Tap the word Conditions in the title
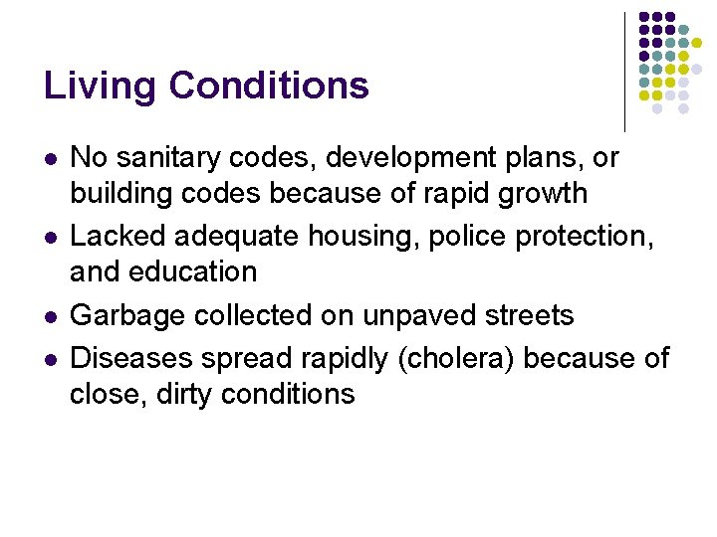[x=269, y=87]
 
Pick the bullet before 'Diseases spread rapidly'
[x=50, y=358]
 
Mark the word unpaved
[x=418, y=316]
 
